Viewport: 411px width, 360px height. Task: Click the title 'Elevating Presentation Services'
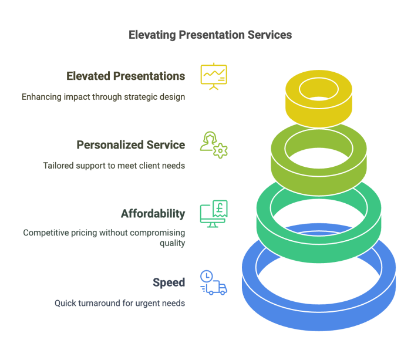pyautogui.click(x=210, y=35)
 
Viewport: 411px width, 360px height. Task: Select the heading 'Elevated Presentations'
pyautogui.click(x=126, y=76)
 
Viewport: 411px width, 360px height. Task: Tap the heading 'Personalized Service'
pyautogui.click(x=131, y=145)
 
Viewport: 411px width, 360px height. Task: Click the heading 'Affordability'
pyautogui.click(x=153, y=214)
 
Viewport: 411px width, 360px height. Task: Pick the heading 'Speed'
pyautogui.click(x=169, y=282)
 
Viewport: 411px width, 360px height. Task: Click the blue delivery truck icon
pyautogui.click(x=216, y=288)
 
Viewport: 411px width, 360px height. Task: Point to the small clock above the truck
pyautogui.click(x=206, y=276)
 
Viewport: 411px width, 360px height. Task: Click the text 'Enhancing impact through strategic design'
pyautogui.click(x=103, y=97)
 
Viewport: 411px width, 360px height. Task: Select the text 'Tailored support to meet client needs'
pyautogui.click(x=114, y=166)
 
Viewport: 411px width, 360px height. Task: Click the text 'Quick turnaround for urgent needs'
pyautogui.click(x=120, y=304)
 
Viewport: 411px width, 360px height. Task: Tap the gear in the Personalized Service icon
pyautogui.click(x=221, y=151)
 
